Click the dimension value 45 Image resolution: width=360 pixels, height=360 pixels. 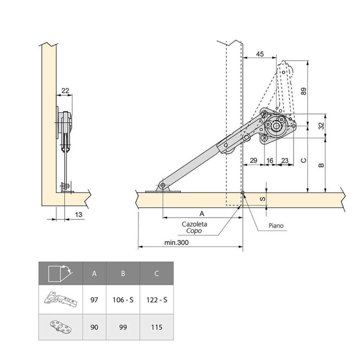(x=260, y=54)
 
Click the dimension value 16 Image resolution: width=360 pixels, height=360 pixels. (x=270, y=160)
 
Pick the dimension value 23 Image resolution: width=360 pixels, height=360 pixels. (x=285, y=160)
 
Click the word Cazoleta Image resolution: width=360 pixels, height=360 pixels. (x=195, y=224)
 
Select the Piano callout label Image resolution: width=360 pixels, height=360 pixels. (x=276, y=227)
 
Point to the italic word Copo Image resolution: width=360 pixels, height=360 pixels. (x=195, y=231)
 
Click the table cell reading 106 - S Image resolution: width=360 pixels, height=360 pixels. (x=122, y=300)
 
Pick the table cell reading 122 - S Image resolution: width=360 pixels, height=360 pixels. (x=156, y=300)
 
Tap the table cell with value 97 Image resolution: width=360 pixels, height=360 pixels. (x=94, y=300)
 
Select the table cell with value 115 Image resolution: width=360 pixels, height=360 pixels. (x=156, y=327)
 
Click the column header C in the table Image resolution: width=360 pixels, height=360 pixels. (x=156, y=273)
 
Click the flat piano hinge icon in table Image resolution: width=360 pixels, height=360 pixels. (x=60, y=327)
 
